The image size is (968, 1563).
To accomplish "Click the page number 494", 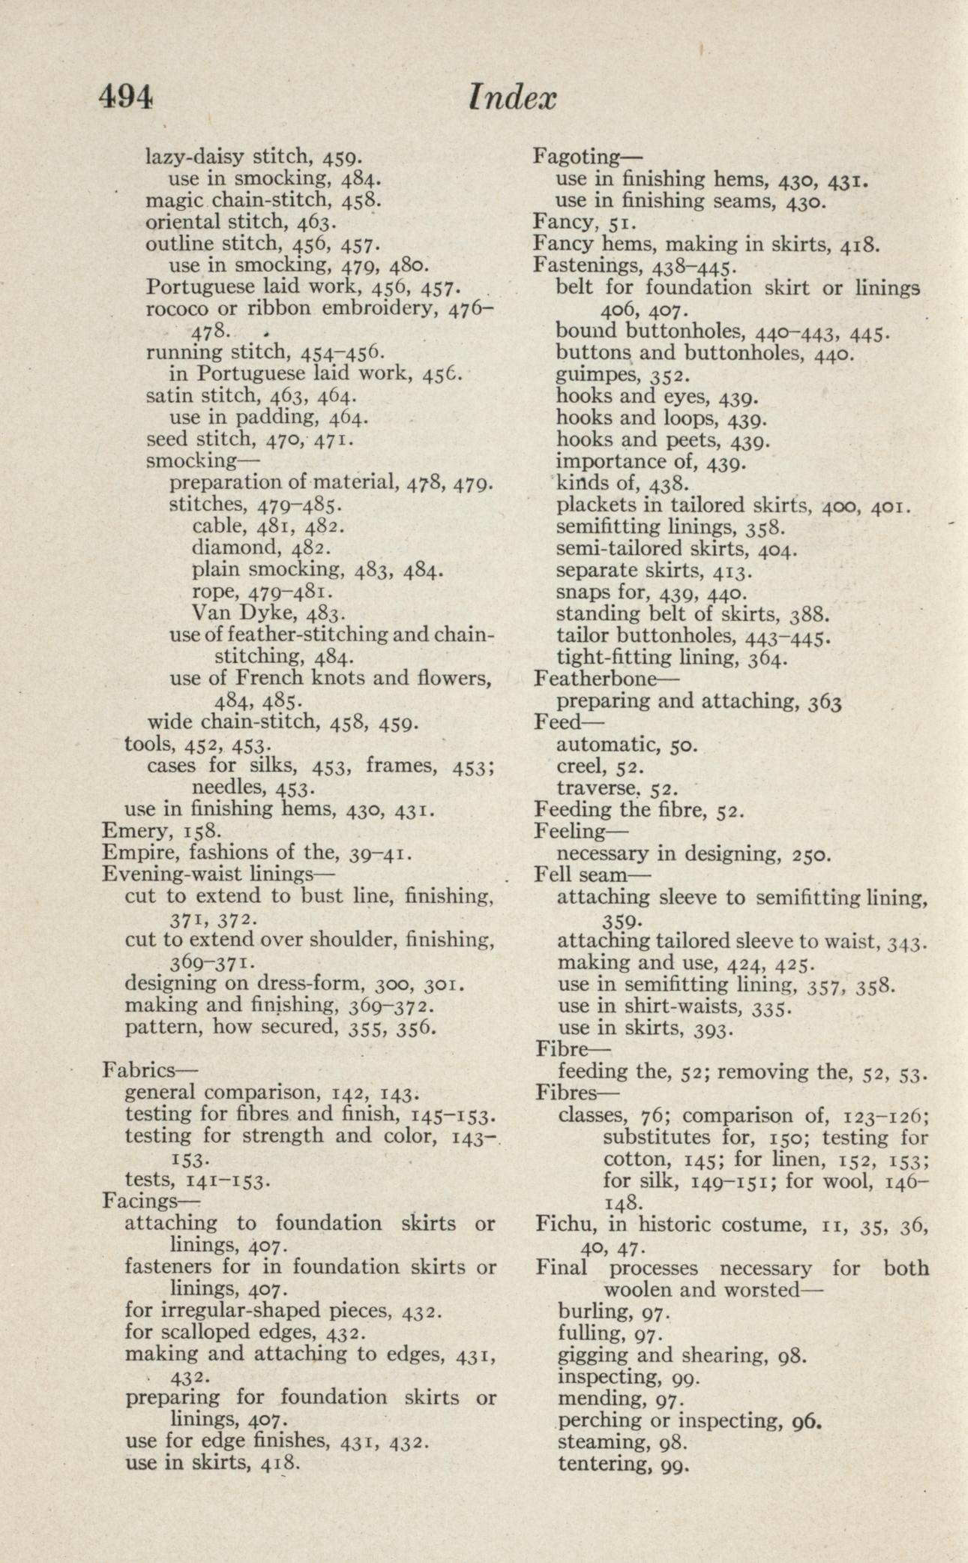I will [x=127, y=97].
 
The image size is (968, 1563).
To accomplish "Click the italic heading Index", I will [x=512, y=97].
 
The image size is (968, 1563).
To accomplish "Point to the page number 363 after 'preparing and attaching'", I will [x=826, y=702].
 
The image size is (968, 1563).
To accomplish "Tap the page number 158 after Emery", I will [x=200, y=831].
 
